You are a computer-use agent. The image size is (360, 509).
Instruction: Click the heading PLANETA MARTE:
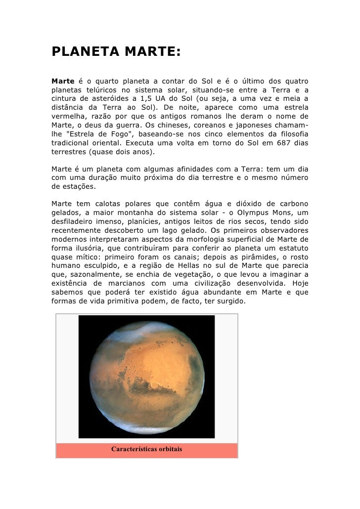point(117,52)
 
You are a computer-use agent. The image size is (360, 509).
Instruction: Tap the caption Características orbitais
point(147,450)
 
